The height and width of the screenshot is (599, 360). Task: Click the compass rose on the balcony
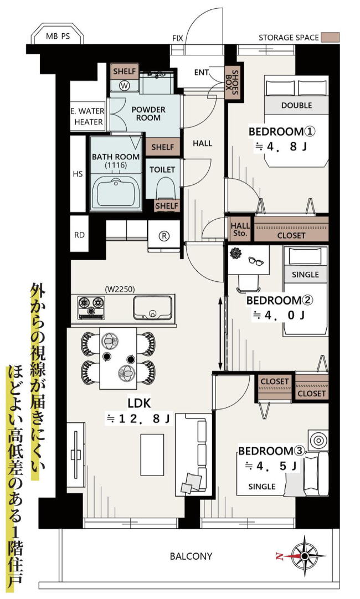coord(305,555)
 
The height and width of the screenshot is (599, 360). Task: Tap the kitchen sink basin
coord(152,307)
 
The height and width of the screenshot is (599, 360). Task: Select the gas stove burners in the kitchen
coord(92,307)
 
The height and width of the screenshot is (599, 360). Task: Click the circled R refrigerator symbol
coord(164,236)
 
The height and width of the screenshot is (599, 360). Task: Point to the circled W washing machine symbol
coord(124,86)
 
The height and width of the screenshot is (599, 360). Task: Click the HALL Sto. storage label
coord(240,230)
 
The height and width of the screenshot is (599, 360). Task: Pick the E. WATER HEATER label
coord(88,116)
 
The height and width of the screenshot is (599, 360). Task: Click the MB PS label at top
coord(58,37)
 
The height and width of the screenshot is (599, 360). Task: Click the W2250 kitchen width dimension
coord(120,289)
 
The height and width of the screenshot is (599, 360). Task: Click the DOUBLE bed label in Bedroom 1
coord(296,105)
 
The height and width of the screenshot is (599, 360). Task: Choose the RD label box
coord(80,234)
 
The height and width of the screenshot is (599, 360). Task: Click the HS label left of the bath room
coord(78,174)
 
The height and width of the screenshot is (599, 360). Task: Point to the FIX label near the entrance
coord(178,38)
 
